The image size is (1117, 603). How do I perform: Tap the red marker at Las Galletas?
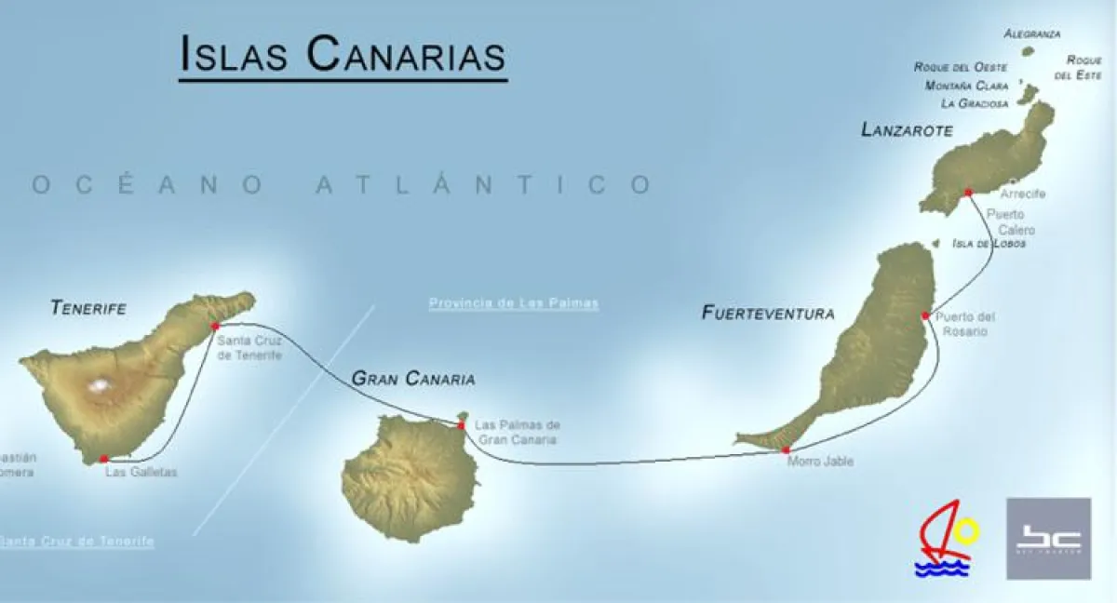103,458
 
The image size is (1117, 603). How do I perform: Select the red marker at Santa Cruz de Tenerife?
215,326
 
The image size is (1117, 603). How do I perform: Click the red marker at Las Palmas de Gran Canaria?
461,425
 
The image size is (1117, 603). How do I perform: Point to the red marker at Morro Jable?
786,449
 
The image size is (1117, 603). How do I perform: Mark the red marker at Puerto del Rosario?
924,315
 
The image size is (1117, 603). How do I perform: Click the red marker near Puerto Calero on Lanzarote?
968,192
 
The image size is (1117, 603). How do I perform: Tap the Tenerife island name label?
88,306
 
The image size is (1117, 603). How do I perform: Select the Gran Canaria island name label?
412,379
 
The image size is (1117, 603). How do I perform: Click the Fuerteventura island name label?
767,314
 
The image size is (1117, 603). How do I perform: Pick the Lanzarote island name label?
907,130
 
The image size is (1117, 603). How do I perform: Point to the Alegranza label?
1031,34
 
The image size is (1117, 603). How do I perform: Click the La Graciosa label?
975,103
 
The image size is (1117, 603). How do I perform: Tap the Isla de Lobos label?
989,244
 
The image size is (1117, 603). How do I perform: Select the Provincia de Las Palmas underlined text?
513,303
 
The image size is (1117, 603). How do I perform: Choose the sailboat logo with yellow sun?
947,538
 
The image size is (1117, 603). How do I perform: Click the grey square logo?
1048,538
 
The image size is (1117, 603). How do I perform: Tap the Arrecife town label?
1022,194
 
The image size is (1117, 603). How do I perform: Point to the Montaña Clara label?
967,86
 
